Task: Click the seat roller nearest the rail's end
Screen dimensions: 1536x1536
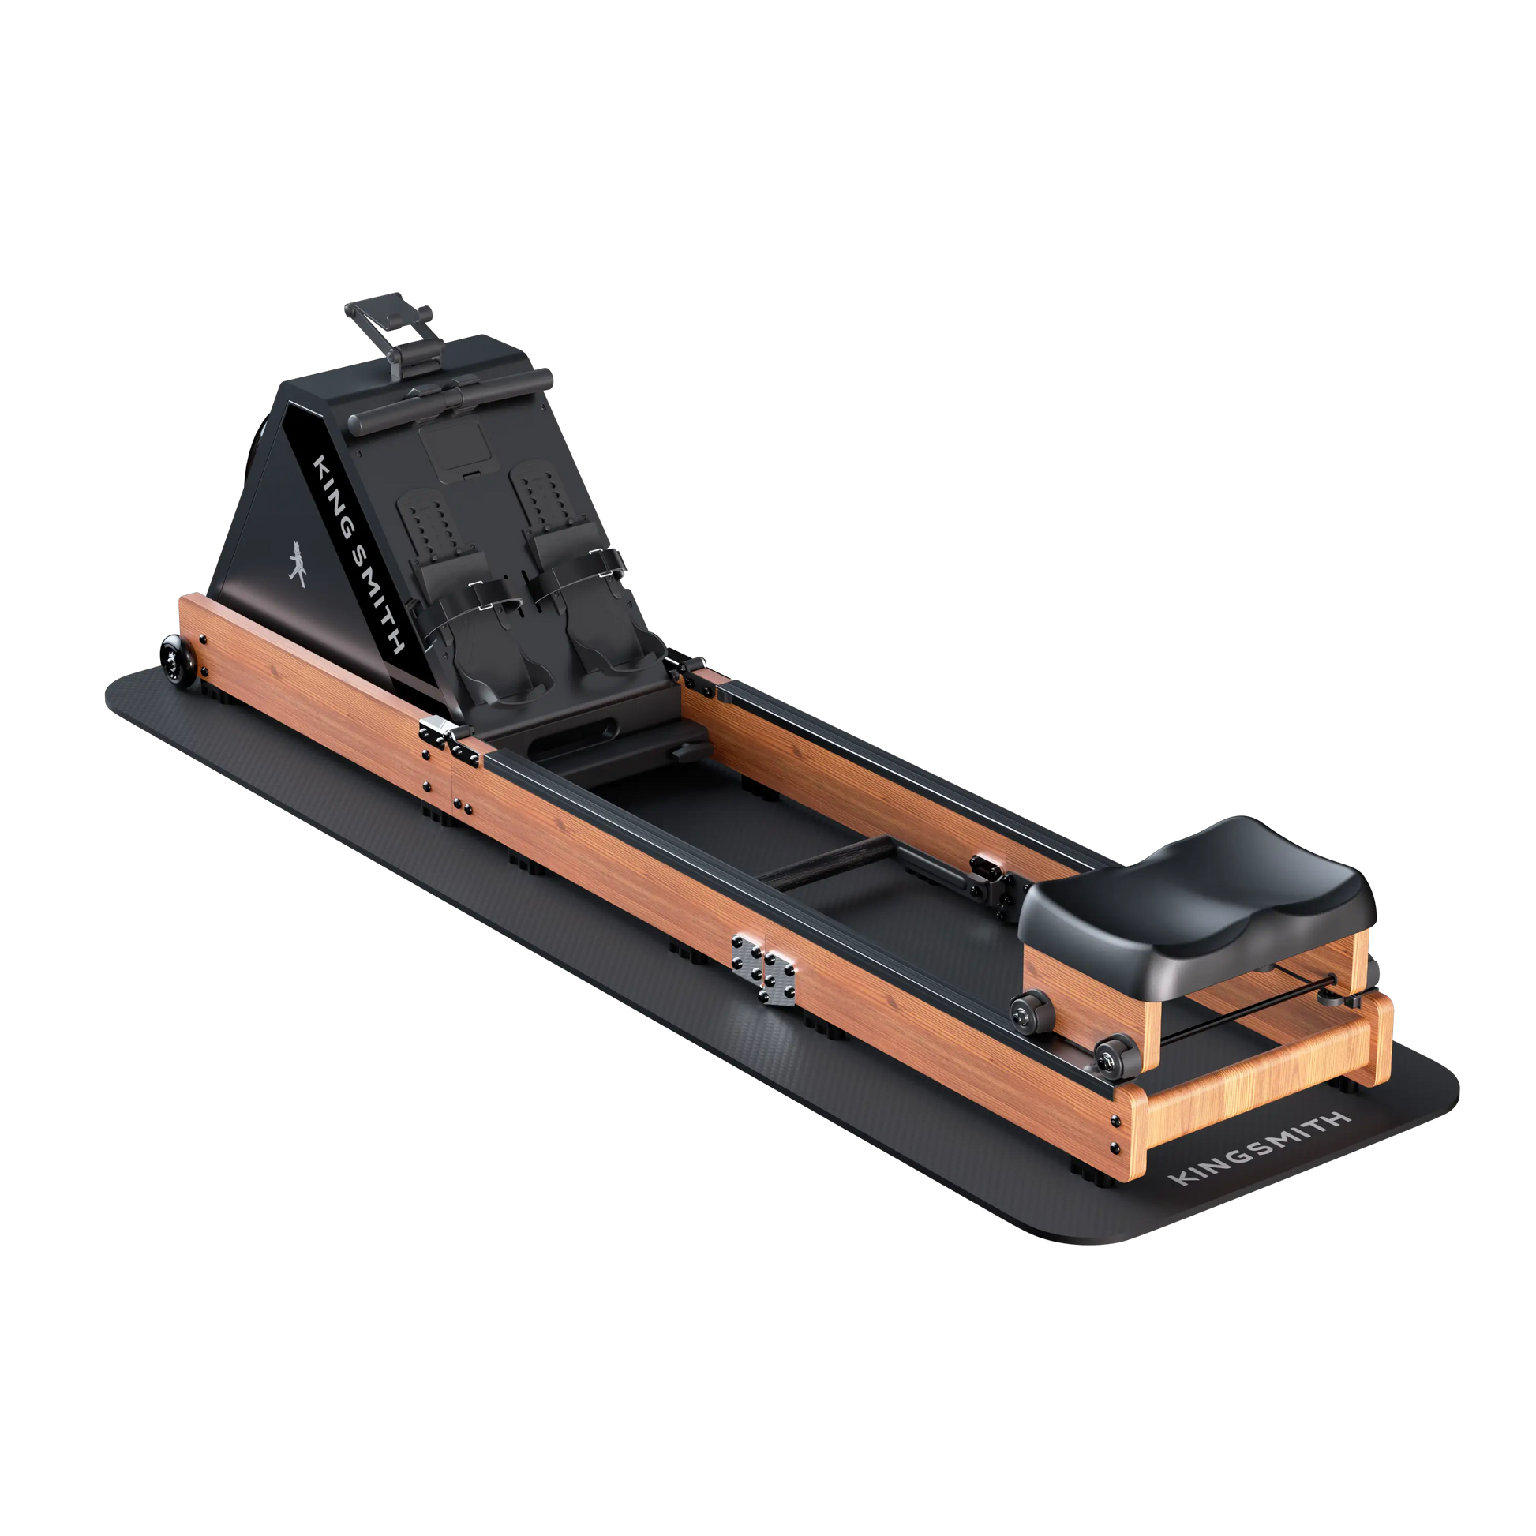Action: click(1113, 1055)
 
